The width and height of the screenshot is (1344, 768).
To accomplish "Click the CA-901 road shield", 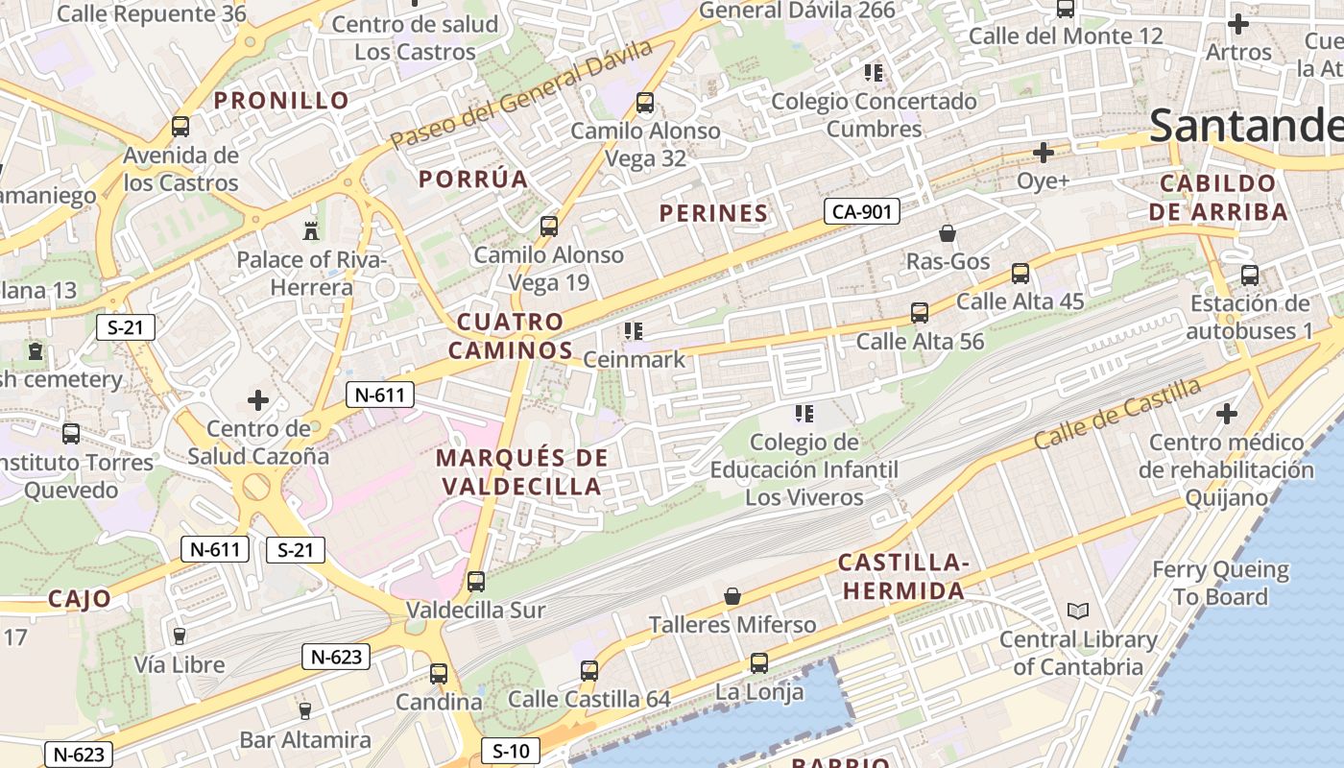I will coord(861,211).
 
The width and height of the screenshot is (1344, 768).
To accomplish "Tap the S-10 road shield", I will coord(510,751).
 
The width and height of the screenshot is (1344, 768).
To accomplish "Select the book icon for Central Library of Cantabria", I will coord(1078,611).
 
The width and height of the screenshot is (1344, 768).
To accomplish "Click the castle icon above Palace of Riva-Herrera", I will coord(310,230).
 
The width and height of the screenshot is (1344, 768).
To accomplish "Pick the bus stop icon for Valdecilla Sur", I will coord(475,582).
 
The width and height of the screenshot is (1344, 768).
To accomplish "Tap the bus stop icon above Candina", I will coord(439,674).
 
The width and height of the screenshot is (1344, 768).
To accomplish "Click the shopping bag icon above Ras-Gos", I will coord(948,233).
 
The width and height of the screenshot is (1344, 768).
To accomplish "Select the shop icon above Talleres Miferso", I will coord(732,596).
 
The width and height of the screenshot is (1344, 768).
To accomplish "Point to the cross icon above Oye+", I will coord(1043,153).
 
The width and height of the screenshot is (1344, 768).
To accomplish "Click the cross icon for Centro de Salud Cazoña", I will coord(258,400).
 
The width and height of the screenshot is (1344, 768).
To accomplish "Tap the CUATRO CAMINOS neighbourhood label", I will coord(510,336).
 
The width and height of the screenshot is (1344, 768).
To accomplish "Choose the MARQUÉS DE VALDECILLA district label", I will coord(522,471).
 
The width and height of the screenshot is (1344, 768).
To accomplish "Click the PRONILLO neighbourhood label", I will coord(281,100).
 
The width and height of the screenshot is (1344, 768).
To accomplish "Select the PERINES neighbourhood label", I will coord(713,213).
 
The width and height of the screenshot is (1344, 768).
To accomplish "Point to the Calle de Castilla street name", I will coord(1117,414).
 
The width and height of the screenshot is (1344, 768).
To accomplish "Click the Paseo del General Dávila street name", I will coord(521,94).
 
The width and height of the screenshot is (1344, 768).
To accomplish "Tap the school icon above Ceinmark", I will coord(634,331).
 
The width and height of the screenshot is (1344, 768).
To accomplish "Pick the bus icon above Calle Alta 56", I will coord(920,313).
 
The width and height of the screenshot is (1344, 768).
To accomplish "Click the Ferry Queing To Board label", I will coord(1220,583).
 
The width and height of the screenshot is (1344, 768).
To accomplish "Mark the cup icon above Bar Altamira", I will coord(305,711).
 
